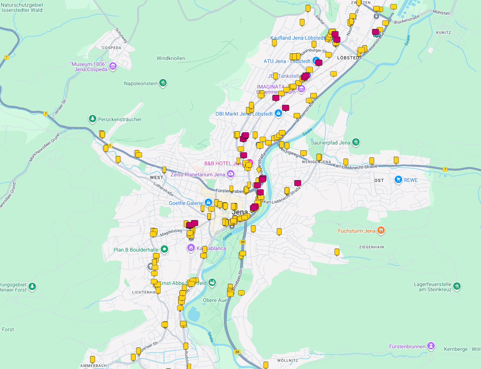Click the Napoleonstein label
[141, 83]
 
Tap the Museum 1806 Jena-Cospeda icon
[113, 66]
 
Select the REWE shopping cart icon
[398, 180]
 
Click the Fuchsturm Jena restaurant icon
[381, 231]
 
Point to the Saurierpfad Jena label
[330, 143]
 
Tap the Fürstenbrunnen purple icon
[431, 346]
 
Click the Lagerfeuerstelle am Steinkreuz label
[432, 287]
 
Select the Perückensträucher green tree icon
[92, 119]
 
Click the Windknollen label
[171, 58]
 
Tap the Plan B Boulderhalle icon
[164, 249]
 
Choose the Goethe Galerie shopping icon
[208, 203]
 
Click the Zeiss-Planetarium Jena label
[198, 174]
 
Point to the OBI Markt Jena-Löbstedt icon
[278, 113]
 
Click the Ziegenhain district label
[371, 247]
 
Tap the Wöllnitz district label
[287, 360]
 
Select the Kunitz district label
[443, 33]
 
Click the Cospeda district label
[111, 48]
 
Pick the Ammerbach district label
[94, 366]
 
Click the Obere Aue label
[215, 300]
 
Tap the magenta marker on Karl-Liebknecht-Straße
[298, 183]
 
